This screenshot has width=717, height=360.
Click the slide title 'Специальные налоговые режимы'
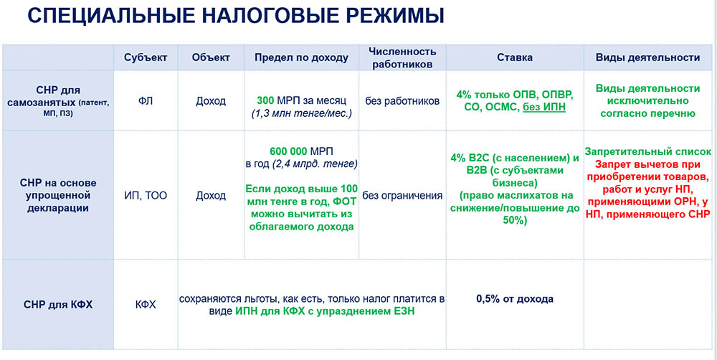click(x=235, y=16)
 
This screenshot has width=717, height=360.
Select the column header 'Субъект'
click(x=146, y=57)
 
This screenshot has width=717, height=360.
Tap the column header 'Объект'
click(x=211, y=57)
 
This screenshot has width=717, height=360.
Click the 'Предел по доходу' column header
click(x=301, y=57)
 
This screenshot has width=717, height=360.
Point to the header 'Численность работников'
click(x=402, y=57)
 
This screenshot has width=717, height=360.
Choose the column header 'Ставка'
click(x=515, y=57)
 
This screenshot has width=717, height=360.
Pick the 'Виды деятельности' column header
click(x=647, y=57)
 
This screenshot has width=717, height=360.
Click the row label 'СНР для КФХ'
click(x=58, y=304)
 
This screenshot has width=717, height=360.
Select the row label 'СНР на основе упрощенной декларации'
click(x=58, y=196)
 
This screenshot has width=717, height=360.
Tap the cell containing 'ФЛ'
click(x=146, y=101)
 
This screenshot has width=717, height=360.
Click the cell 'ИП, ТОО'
click(x=146, y=196)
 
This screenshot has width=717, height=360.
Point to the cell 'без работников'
click(x=402, y=101)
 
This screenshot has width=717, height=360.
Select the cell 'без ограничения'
click(x=402, y=196)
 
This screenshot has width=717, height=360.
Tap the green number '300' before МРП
click(x=266, y=100)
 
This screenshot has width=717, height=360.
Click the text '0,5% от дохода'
click(x=515, y=299)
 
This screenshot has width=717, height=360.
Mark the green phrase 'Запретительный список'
click(x=648, y=151)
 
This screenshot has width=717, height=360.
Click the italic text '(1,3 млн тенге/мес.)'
click(x=301, y=113)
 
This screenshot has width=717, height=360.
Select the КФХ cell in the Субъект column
click(x=146, y=304)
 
